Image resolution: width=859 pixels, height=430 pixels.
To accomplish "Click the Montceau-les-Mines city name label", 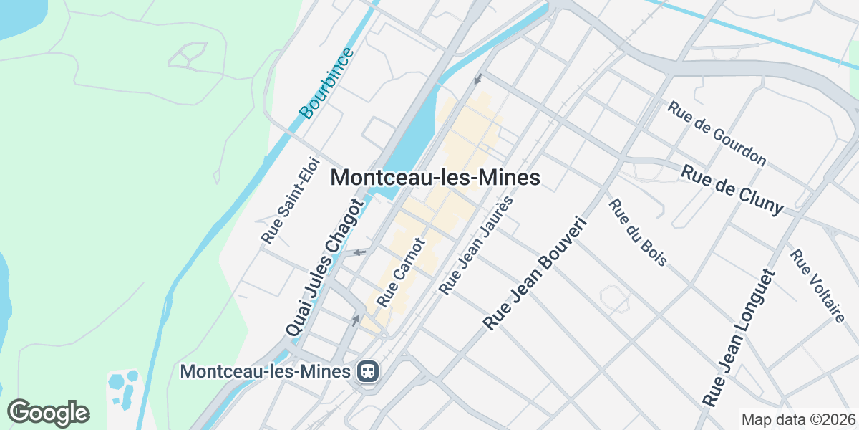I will pos(435,178).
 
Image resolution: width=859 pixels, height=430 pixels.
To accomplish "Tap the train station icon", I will pos(368,371).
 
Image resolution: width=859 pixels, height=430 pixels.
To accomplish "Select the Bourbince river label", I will pos(326,83).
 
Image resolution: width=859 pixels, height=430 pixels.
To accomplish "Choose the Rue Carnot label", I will pos(401,270).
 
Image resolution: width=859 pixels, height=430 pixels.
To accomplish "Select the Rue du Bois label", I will pos(638,232).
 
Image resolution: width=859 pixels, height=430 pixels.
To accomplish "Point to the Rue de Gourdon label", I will pos(717,133).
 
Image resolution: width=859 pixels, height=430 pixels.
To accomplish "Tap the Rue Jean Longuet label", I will pos(739,338).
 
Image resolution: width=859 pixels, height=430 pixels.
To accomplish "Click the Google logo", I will pos(49,413).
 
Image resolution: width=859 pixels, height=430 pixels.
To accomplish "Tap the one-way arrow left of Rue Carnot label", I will pos(361,252).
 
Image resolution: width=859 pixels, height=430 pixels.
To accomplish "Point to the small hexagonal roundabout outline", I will pos(613,298).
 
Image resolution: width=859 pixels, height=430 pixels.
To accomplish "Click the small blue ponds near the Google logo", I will pos(122,387).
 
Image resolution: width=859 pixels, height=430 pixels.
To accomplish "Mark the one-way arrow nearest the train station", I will pos(356,320).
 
